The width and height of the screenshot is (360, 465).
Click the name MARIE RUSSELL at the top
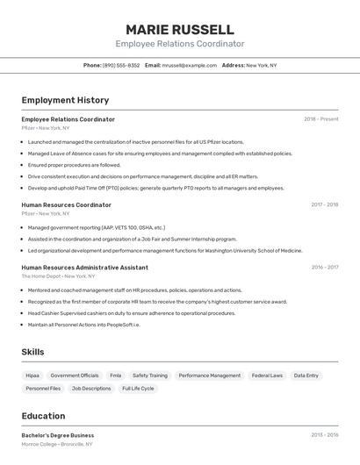[179, 30]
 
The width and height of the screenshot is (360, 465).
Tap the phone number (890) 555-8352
[121, 65]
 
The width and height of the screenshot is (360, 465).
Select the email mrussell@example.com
[190, 65]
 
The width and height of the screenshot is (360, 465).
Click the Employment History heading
[65, 100]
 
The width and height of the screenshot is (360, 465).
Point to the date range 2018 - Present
[320, 119]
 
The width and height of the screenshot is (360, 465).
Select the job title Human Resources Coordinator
[66, 204]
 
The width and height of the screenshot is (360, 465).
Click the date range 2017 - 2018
[324, 204]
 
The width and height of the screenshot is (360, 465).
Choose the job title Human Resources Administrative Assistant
[84, 267]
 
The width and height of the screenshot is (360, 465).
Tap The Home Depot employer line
[58, 275]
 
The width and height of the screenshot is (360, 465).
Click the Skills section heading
[32, 352]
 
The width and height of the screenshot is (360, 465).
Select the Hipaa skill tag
[32, 376]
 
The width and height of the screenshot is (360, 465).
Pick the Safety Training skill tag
[149, 376]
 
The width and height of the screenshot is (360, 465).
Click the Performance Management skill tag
[209, 376]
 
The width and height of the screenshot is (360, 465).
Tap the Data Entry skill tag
[306, 376]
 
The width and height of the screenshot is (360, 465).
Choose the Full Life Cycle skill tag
[138, 388]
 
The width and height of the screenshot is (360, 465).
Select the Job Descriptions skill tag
[91, 388]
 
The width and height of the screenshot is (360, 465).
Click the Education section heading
[43, 416]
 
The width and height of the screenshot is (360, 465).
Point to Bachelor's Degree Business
[57, 435]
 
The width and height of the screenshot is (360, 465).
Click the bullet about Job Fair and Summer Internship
[132, 239]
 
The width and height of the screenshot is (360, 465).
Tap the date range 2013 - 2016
[324, 435]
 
